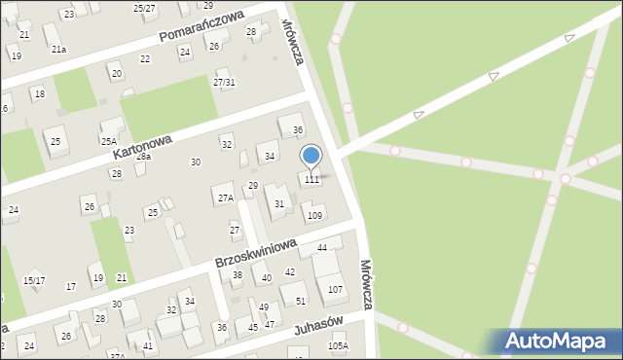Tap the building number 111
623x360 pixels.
pyautogui.click(x=311, y=180)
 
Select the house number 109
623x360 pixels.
pyautogui.click(x=314, y=216)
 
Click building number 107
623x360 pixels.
pyautogui.click(x=335, y=290)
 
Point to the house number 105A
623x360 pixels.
pyautogui.click(x=338, y=346)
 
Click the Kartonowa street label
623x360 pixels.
pyautogui.click(x=142, y=147)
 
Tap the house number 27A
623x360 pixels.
pyautogui.click(x=225, y=198)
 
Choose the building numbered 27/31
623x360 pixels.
pyautogui.click(x=224, y=83)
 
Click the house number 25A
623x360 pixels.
pyautogui.click(x=109, y=141)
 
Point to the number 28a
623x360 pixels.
pyautogui.click(x=143, y=157)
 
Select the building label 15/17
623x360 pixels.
pyautogui.click(x=34, y=281)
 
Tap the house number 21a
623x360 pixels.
pyautogui.click(x=58, y=50)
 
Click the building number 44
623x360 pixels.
pyautogui.click(x=322, y=249)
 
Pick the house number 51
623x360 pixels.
pyautogui.click(x=301, y=302)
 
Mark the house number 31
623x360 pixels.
pyautogui.click(x=279, y=203)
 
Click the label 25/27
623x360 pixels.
pyautogui.click(x=144, y=8)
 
